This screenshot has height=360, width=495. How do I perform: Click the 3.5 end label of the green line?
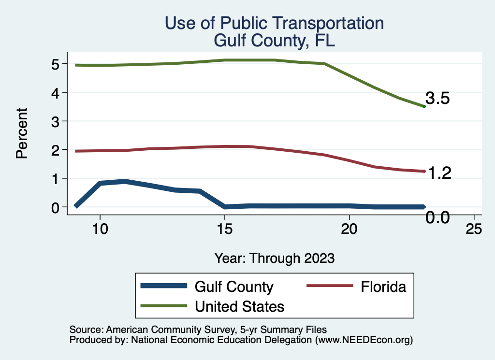[x=437, y=99]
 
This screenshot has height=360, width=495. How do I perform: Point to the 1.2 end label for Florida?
[x=438, y=173]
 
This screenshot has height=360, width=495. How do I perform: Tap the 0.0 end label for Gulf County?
[x=438, y=218]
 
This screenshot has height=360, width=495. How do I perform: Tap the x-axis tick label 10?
[x=100, y=229]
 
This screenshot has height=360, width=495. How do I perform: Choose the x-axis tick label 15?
[x=224, y=229]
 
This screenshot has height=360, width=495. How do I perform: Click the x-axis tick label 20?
[x=349, y=229]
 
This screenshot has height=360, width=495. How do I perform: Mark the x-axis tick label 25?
[x=474, y=229]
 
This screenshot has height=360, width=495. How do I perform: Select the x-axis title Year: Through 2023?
[x=275, y=258]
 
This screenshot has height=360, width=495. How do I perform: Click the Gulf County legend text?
[x=234, y=287]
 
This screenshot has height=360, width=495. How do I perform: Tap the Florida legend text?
[x=383, y=287]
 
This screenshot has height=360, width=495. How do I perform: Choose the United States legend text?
[x=239, y=306]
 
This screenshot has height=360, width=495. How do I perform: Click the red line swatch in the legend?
[x=330, y=287]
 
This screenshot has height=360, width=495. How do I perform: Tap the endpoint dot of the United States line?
[x=424, y=106]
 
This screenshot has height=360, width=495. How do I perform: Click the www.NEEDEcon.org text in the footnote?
[x=364, y=340]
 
